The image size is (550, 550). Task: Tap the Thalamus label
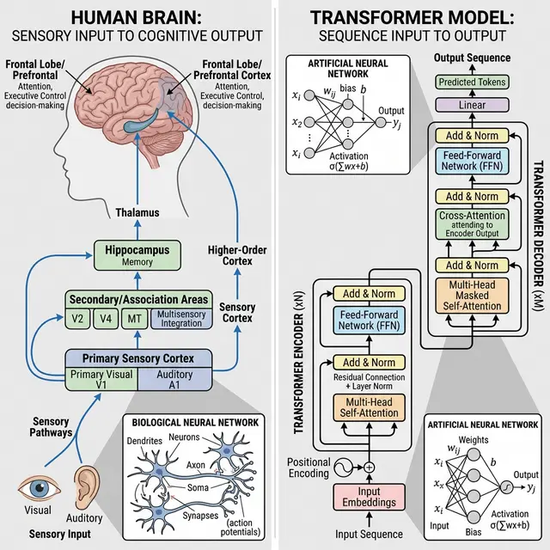138,211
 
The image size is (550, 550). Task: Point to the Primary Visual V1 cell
102,379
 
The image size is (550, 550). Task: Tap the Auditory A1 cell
174,379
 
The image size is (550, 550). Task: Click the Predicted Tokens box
474,82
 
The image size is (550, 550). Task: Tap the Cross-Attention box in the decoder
473,224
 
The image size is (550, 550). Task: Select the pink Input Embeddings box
370,497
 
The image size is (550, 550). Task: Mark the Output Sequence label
471,58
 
